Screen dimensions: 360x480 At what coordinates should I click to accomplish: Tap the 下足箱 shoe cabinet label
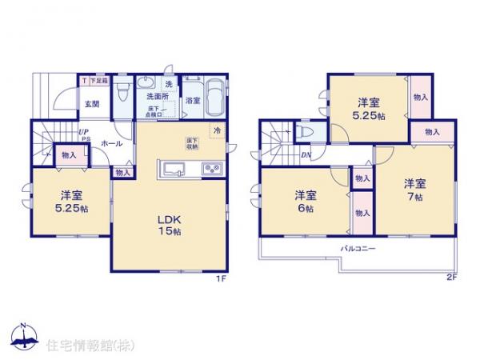click(x=97, y=80)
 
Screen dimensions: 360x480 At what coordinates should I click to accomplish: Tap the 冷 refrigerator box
click(x=217, y=130)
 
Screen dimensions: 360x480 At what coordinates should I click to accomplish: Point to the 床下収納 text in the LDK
click(x=192, y=143)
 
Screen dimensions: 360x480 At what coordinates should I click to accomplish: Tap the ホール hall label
click(x=111, y=145)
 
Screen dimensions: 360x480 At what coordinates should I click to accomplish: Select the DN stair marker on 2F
click(x=305, y=155)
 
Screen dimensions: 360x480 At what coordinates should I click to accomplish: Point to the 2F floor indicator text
click(x=452, y=278)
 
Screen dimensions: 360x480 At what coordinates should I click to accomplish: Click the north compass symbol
click(x=23, y=336)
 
